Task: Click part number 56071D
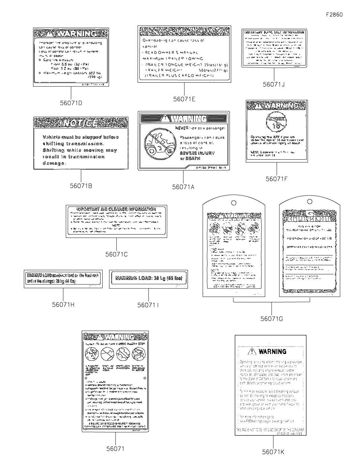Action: (x=71, y=103)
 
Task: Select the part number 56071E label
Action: (x=184, y=99)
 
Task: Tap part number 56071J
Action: (x=274, y=84)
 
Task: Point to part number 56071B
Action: (x=81, y=186)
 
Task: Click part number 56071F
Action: (x=277, y=179)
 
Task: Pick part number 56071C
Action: (x=116, y=254)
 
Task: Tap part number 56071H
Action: (x=63, y=304)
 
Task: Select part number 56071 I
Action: (x=148, y=305)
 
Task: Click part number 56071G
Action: (x=272, y=319)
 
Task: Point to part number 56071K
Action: (x=273, y=452)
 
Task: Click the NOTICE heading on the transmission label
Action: (x=81, y=123)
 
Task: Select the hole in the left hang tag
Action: (x=233, y=203)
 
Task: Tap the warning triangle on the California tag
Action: (x=252, y=352)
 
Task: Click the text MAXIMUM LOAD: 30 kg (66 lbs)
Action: (x=148, y=278)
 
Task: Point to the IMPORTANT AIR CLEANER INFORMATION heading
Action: (x=116, y=209)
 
